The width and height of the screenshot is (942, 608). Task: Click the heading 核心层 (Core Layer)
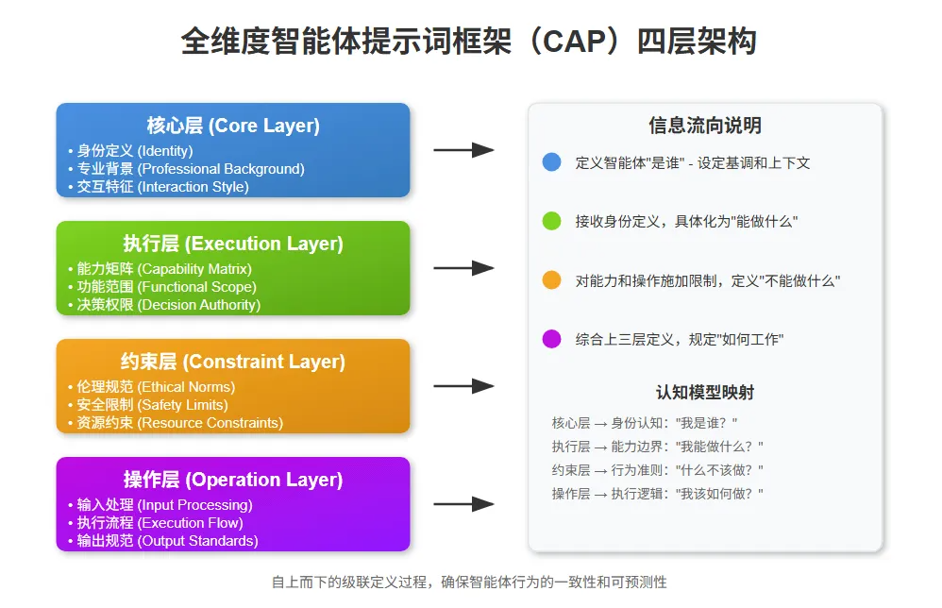(233, 126)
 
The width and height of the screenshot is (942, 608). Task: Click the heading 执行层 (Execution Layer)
(233, 244)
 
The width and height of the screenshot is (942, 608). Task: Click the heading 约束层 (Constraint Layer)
(233, 362)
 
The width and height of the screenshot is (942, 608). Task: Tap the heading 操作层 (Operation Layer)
(233, 480)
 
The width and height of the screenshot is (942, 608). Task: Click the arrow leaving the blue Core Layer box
(463, 150)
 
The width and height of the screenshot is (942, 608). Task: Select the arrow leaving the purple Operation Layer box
(463, 504)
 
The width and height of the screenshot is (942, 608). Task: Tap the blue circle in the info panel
(552, 162)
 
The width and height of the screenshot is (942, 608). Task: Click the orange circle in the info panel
(552, 280)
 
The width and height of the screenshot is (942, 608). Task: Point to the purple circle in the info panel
(552, 339)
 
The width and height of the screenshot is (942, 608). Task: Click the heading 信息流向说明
(704, 126)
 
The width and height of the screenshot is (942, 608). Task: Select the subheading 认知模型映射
(704, 393)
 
